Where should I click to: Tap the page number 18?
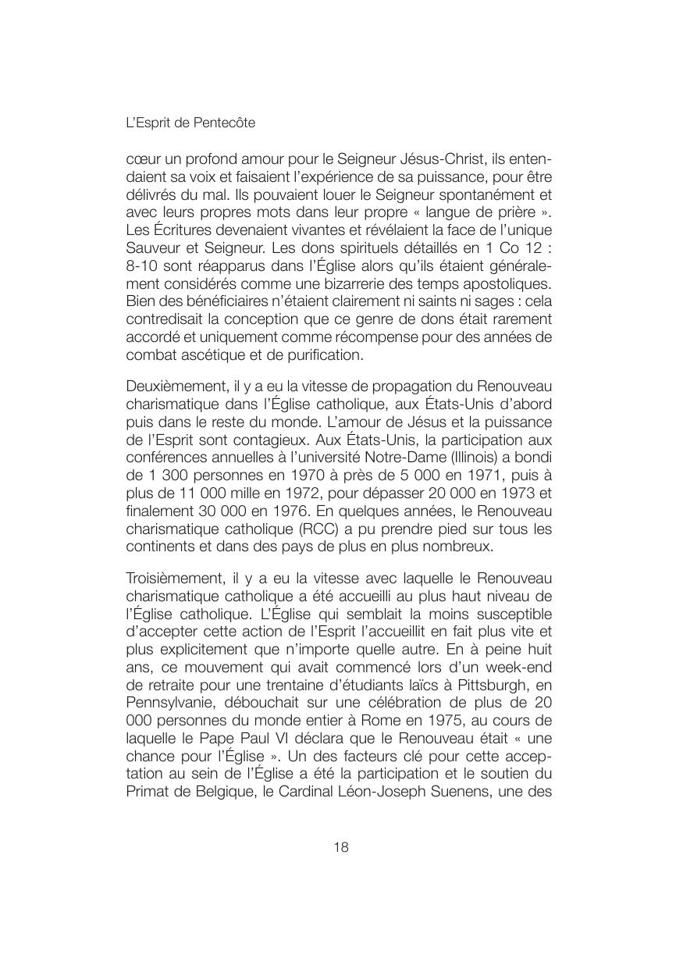pyautogui.click(x=341, y=848)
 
